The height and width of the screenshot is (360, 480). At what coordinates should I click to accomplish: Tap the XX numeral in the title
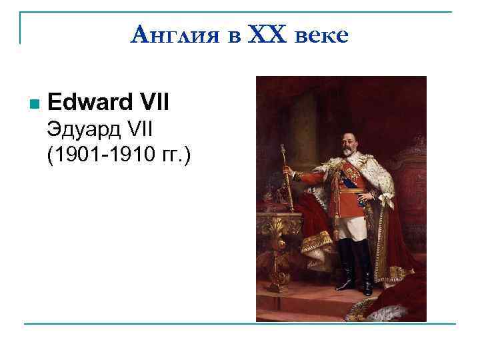(x=267, y=33)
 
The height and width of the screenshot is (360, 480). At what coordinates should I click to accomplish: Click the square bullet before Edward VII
(x=34, y=104)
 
